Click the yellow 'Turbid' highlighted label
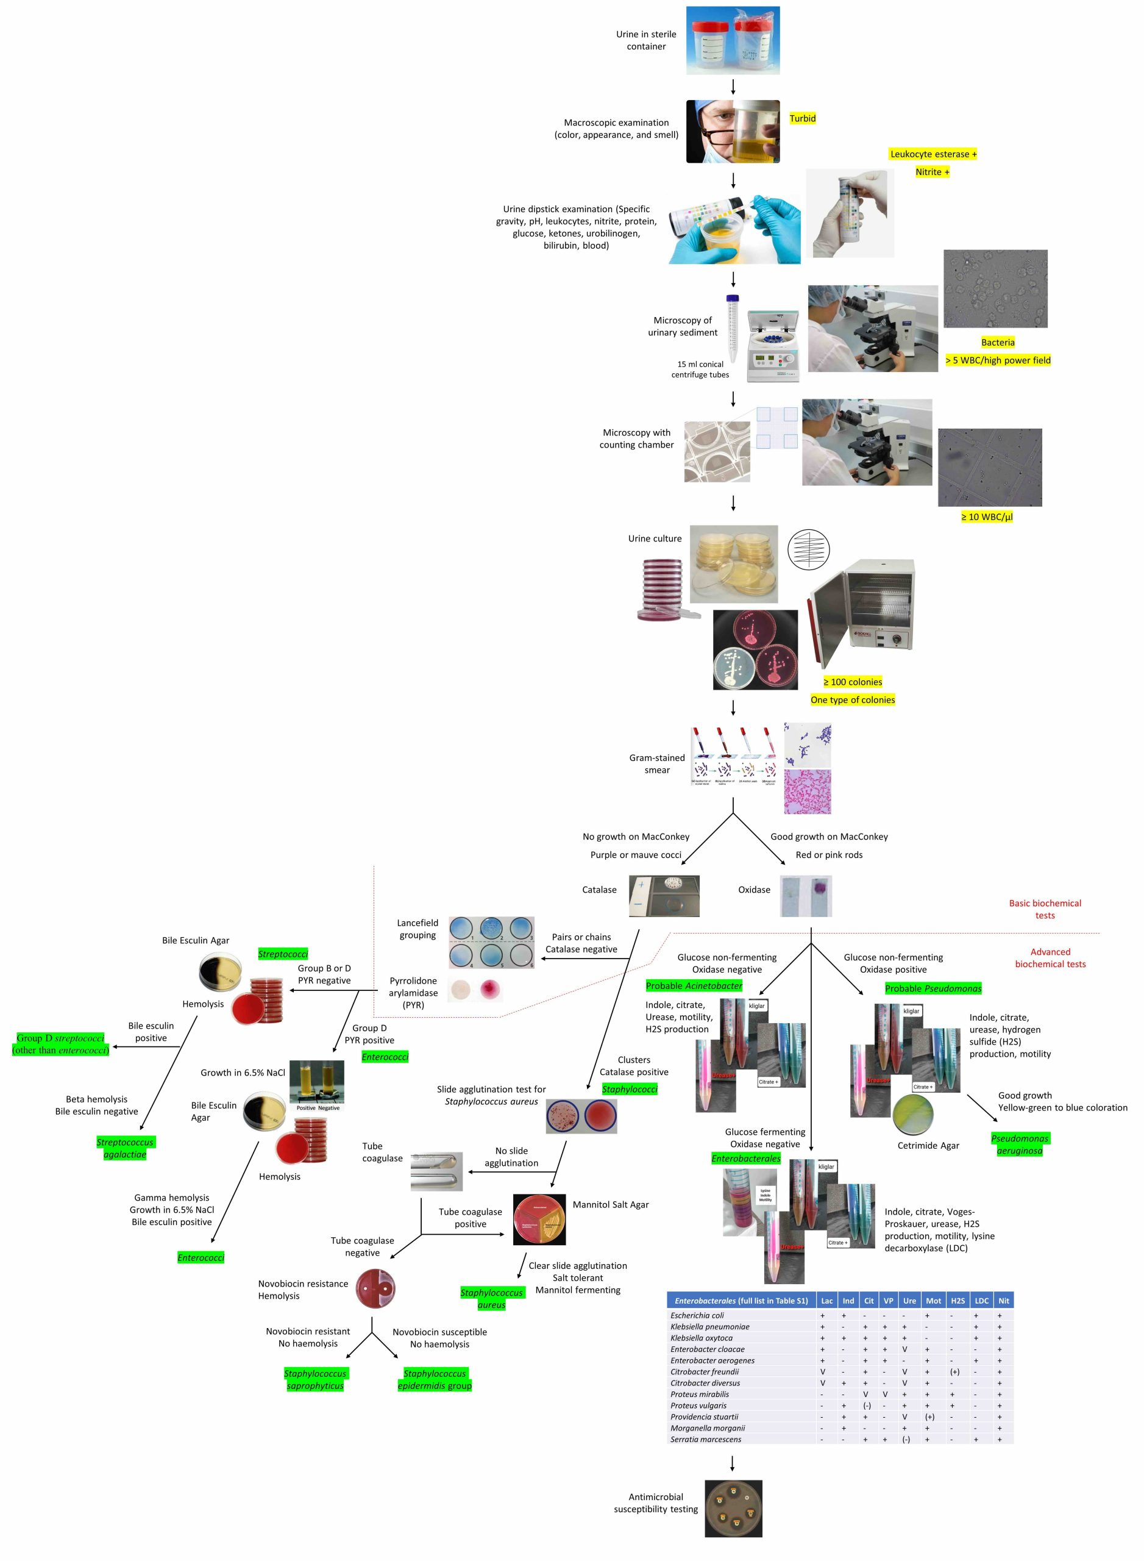click(802, 118)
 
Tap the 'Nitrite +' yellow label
click(932, 172)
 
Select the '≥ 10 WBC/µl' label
click(986, 517)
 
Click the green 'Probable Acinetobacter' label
click(693, 986)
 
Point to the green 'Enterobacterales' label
click(745, 1159)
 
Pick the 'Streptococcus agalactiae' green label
click(126, 1148)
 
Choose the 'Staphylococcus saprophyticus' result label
click(315, 1379)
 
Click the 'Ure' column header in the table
click(909, 1301)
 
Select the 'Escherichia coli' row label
click(697, 1315)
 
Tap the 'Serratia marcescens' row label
click(705, 1439)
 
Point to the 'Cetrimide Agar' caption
click(928, 1145)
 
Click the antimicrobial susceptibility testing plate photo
click(733, 1509)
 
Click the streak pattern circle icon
click(808, 550)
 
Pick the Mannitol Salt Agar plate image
click(539, 1219)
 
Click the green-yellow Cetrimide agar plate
click(913, 1115)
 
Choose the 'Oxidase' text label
click(753, 890)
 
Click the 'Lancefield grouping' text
click(417, 929)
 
